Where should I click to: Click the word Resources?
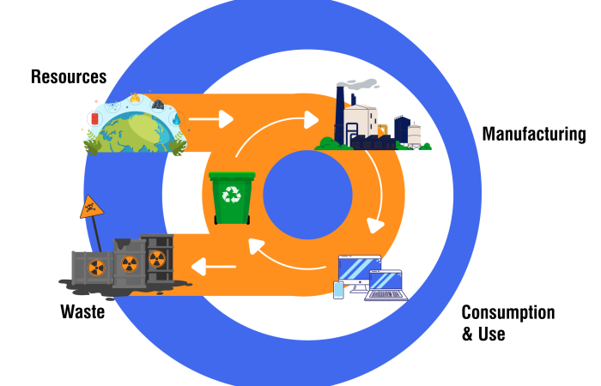coord(69,76)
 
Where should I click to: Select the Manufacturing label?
coord(533,135)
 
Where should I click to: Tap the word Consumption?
coord(507,312)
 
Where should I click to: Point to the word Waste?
coord(82,311)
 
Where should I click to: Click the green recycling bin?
coord(233,198)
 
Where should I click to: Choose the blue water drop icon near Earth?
coord(176,120)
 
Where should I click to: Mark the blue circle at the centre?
coord(307,194)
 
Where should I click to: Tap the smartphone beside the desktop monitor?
coord(338,290)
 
